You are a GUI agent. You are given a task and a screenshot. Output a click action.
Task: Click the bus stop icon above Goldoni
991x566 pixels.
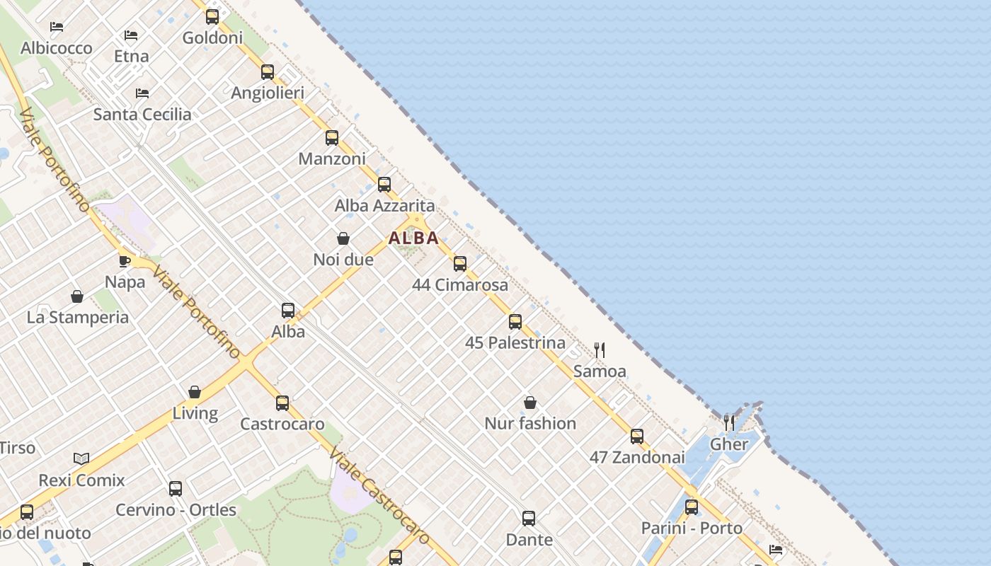[x=212, y=16]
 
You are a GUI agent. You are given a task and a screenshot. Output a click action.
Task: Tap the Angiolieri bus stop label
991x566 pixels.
[x=268, y=93]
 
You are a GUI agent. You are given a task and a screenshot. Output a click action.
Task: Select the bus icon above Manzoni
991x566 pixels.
[x=332, y=138]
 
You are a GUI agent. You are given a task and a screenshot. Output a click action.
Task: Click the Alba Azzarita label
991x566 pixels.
[x=384, y=205]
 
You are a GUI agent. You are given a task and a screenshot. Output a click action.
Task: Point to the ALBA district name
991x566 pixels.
[x=413, y=238]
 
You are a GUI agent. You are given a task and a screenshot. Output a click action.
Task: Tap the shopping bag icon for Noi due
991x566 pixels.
[x=343, y=238]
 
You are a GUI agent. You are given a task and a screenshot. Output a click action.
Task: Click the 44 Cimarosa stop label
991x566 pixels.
[x=460, y=284]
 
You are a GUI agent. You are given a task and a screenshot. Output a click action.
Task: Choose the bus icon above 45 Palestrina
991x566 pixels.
[x=515, y=322]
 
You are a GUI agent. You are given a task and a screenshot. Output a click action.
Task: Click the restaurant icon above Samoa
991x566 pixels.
[x=600, y=350]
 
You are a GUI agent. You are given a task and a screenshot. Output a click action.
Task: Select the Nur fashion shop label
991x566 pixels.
[x=530, y=423]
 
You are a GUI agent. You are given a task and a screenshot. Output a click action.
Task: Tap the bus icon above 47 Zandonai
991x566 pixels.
[x=637, y=437]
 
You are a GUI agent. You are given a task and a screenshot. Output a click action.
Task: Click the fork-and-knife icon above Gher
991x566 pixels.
[x=729, y=422]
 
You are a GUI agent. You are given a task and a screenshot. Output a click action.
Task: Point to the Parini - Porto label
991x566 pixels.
[x=692, y=528]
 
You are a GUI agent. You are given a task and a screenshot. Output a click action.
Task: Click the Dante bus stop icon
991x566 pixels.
[x=529, y=519]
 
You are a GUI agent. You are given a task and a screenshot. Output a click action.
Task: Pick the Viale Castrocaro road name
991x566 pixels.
[x=379, y=497]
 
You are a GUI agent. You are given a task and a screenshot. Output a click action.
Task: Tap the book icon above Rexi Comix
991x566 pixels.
[x=81, y=458]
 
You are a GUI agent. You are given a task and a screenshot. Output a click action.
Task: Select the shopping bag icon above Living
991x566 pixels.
[x=195, y=392]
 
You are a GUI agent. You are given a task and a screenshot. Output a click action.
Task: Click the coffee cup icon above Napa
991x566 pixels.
[x=125, y=261]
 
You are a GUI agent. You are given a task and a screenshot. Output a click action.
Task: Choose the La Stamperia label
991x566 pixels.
[x=78, y=317]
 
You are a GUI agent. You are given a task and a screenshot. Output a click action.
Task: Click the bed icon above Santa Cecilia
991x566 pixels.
[x=142, y=93]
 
